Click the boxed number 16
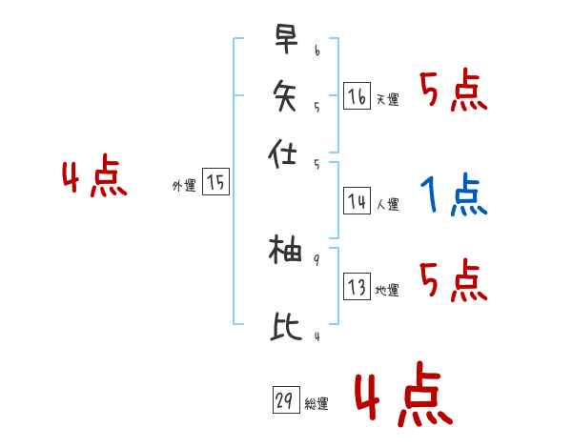coord(357,96)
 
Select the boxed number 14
coord(357,201)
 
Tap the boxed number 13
coord(357,288)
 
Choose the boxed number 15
coord(216,183)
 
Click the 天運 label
coord(387,99)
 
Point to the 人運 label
coord(387,204)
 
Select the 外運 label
coord(184,186)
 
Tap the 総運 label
coord(317,404)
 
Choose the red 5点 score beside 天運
coord(453,92)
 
